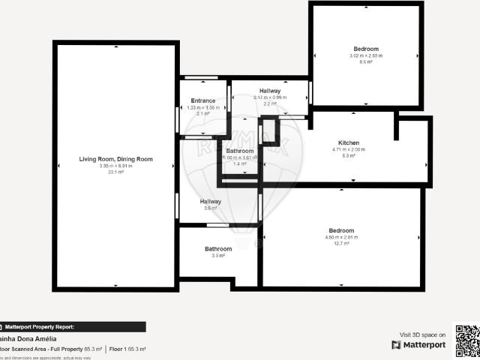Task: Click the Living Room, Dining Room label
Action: coord(115,159)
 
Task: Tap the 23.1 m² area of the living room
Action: coord(115,172)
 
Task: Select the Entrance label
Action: coord(203,100)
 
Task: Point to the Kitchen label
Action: coord(349,142)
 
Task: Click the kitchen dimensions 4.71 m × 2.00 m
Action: coord(349,150)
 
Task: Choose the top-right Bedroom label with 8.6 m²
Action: coord(366,49)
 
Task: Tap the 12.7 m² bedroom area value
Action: coord(341,243)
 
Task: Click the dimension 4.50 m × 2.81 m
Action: coord(341,237)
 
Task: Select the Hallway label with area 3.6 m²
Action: coord(210,201)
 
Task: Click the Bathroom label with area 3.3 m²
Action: coord(218,249)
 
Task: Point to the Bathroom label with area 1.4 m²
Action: coord(240,151)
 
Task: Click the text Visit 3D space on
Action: coord(423,334)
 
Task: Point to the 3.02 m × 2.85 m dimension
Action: coord(366,55)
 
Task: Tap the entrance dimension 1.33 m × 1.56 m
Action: coord(203,107)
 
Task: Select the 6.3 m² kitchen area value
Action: coord(349,156)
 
